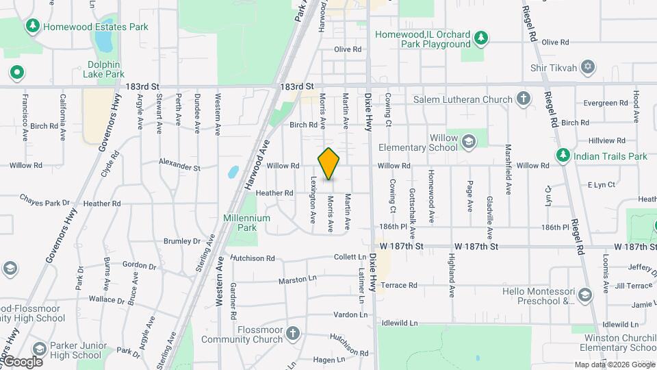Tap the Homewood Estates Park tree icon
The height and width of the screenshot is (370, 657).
(x=32, y=26)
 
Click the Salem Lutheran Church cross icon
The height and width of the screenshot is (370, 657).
(x=524, y=99)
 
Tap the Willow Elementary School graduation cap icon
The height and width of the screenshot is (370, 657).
(x=469, y=142)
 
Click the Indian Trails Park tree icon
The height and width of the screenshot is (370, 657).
(x=563, y=156)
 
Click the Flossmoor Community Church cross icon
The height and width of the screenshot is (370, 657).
(x=292, y=334)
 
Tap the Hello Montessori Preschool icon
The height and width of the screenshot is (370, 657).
(x=585, y=295)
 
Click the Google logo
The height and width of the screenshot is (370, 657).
(x=23, y=361)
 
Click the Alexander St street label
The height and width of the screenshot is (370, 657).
(x=179, y=167)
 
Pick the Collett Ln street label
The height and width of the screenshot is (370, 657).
(x=350, y=257)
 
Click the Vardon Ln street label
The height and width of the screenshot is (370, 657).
(x=350, y=314)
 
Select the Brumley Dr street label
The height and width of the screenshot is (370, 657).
(x=182, y=241)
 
